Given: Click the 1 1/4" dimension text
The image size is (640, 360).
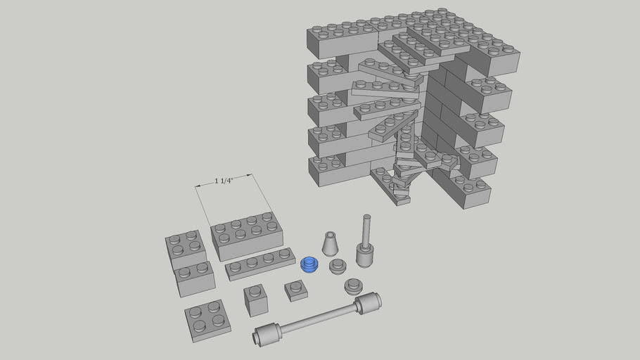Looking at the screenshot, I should [224, 181].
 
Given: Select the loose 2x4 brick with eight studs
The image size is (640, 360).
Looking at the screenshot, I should [247, 235].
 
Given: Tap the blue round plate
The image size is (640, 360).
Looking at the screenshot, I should [309, 264].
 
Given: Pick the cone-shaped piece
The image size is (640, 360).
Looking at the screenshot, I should [331, 243].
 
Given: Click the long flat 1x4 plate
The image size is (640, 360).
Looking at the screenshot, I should [260, 264].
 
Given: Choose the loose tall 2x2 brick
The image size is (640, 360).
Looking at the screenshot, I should [186, 248].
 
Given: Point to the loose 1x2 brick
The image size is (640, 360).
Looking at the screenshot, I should [195, 278].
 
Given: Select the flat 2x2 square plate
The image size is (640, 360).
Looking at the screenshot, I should [207, 319].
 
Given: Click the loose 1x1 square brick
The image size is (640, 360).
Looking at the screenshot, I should [255, 301].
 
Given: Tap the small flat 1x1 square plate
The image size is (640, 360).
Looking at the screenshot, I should [295, 290].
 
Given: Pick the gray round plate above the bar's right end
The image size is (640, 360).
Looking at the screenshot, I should [353, 286].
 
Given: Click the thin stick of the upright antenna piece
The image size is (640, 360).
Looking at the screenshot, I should [366, 229].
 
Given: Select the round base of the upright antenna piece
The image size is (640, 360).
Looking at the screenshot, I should [364, 255].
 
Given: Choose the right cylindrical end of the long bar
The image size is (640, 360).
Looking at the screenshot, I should [368, 303].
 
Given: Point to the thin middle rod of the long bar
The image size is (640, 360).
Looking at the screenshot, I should [316, 319].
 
